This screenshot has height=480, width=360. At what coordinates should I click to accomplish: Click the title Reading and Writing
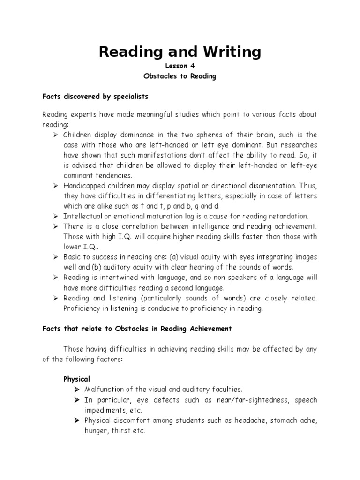point(180,52)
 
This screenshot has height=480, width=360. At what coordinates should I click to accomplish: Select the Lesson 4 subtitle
point(180,67)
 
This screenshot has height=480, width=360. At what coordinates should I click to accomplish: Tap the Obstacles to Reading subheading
point(180,76)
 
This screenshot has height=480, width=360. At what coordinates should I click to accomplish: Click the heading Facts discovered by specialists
point(95,97)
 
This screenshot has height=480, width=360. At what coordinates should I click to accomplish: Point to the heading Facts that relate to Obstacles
point(137,329)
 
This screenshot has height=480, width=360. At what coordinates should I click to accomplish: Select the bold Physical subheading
point(77,378)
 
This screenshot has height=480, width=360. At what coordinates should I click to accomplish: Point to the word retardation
point(290,216)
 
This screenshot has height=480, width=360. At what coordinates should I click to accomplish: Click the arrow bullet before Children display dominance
point(54,135)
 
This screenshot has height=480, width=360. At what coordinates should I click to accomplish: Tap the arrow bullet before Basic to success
point(54,257)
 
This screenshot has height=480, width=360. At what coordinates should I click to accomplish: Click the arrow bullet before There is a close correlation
point(54,227)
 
